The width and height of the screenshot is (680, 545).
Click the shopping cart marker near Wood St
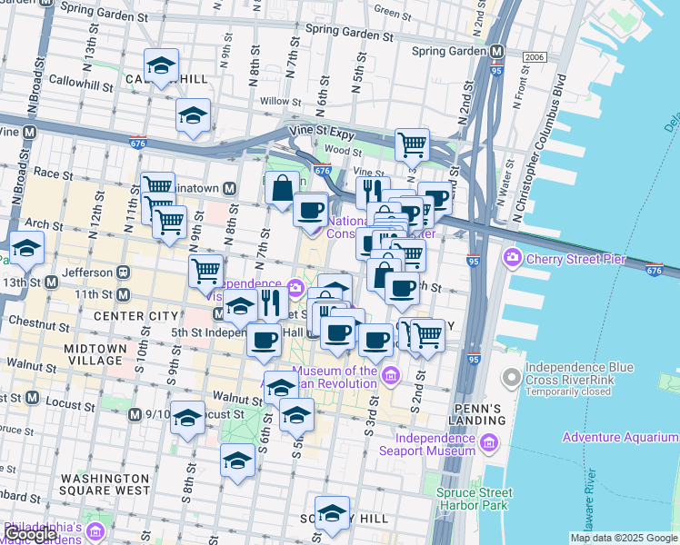(x=412, y=144)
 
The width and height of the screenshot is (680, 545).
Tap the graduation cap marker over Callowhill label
(x=161, y=66)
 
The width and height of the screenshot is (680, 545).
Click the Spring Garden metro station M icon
(x=497, y=52)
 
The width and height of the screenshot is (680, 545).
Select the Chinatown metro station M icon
(x=230, y=188)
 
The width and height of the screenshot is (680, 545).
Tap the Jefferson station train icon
(x=121, y=272)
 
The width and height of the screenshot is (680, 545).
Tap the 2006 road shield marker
(x=535, y=57)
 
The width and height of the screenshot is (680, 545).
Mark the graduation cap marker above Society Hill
(x=332, y=513)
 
